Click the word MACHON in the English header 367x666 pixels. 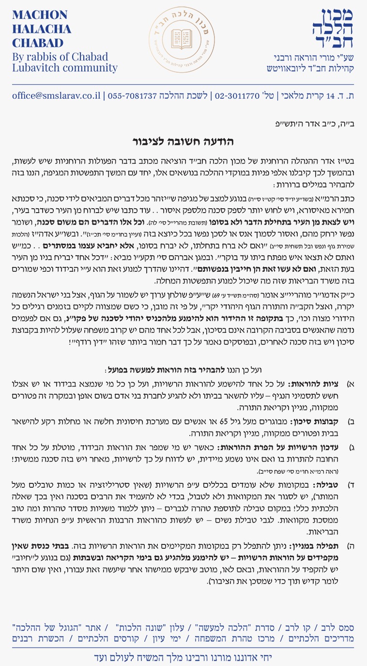pos(40,15)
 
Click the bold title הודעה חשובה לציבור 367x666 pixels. pos(183,142)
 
